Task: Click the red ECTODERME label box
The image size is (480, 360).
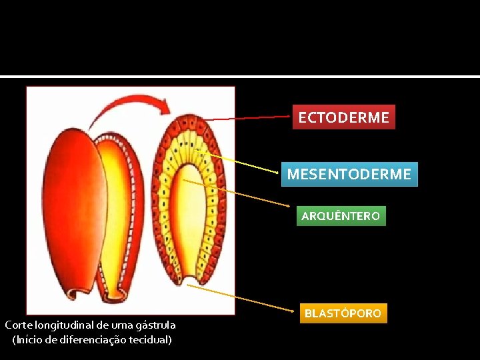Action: click(343, 117)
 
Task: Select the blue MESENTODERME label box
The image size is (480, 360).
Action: click(349, 175)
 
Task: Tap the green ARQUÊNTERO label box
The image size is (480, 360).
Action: click(341, 216)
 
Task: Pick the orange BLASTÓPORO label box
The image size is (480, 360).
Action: click(343, 313)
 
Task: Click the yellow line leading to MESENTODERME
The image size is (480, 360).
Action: click(243, 163)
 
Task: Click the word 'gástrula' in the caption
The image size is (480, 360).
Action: click(155, 325)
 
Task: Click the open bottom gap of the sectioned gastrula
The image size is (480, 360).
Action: click(190, 280)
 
